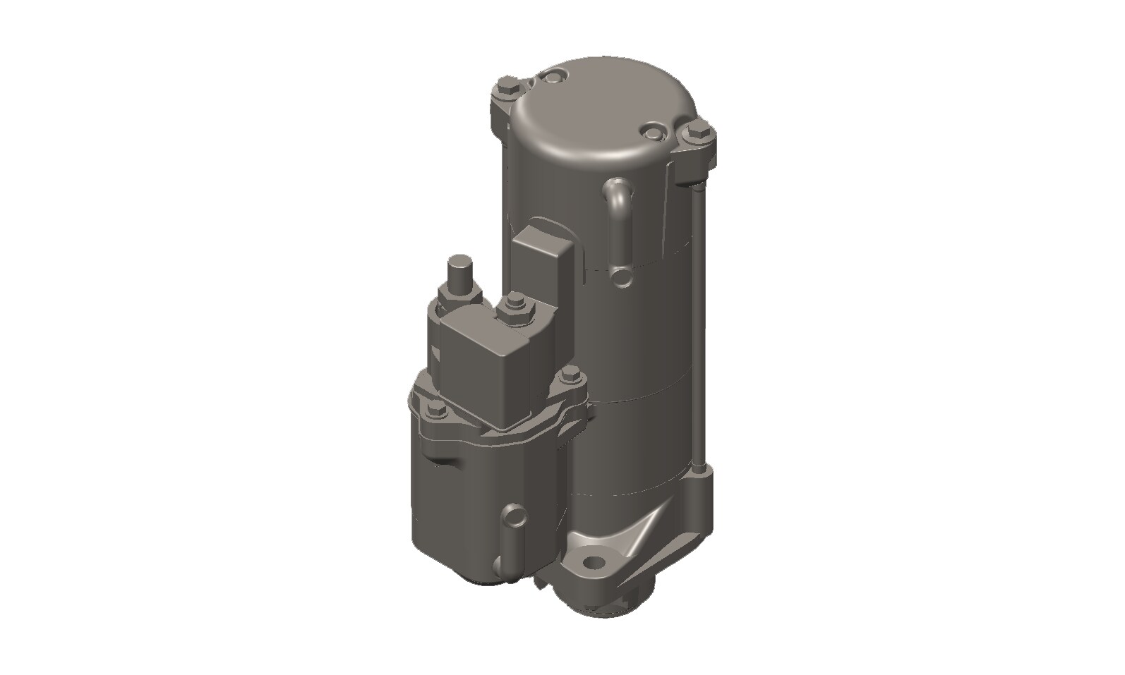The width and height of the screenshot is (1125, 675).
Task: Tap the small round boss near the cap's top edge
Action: pyautogui.click(x=552, y=75)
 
